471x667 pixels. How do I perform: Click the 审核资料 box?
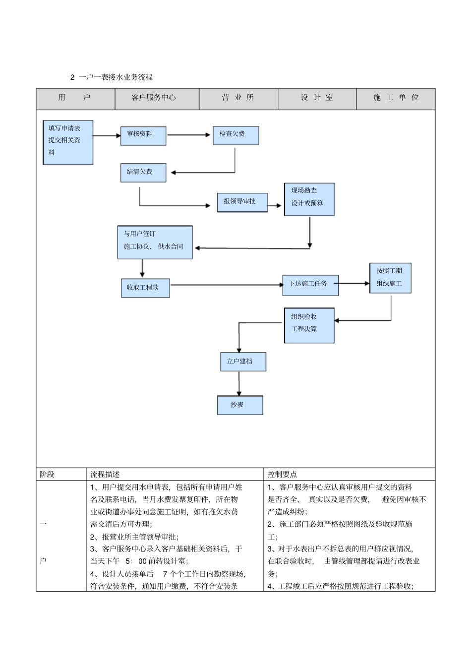(143, 136)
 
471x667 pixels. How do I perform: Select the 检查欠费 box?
(235, 135)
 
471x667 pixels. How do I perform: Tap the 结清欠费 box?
(143, 173)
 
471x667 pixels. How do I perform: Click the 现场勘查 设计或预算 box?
(309, 199)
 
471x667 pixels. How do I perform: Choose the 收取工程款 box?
(145, 288)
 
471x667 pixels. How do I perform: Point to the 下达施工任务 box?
(310, 285)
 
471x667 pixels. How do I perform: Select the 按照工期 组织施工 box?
(390, 278)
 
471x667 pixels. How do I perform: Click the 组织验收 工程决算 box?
(309, 325)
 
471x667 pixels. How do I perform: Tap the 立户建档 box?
(242, 362)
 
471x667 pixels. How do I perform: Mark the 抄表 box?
(239, 405)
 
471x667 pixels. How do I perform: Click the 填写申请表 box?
(68, 142)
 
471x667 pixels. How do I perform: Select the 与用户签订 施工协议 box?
(155, 242)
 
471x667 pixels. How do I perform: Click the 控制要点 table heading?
(282, 474)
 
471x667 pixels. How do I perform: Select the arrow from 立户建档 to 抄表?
(239, 383)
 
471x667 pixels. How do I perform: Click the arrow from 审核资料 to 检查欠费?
(189, 134)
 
